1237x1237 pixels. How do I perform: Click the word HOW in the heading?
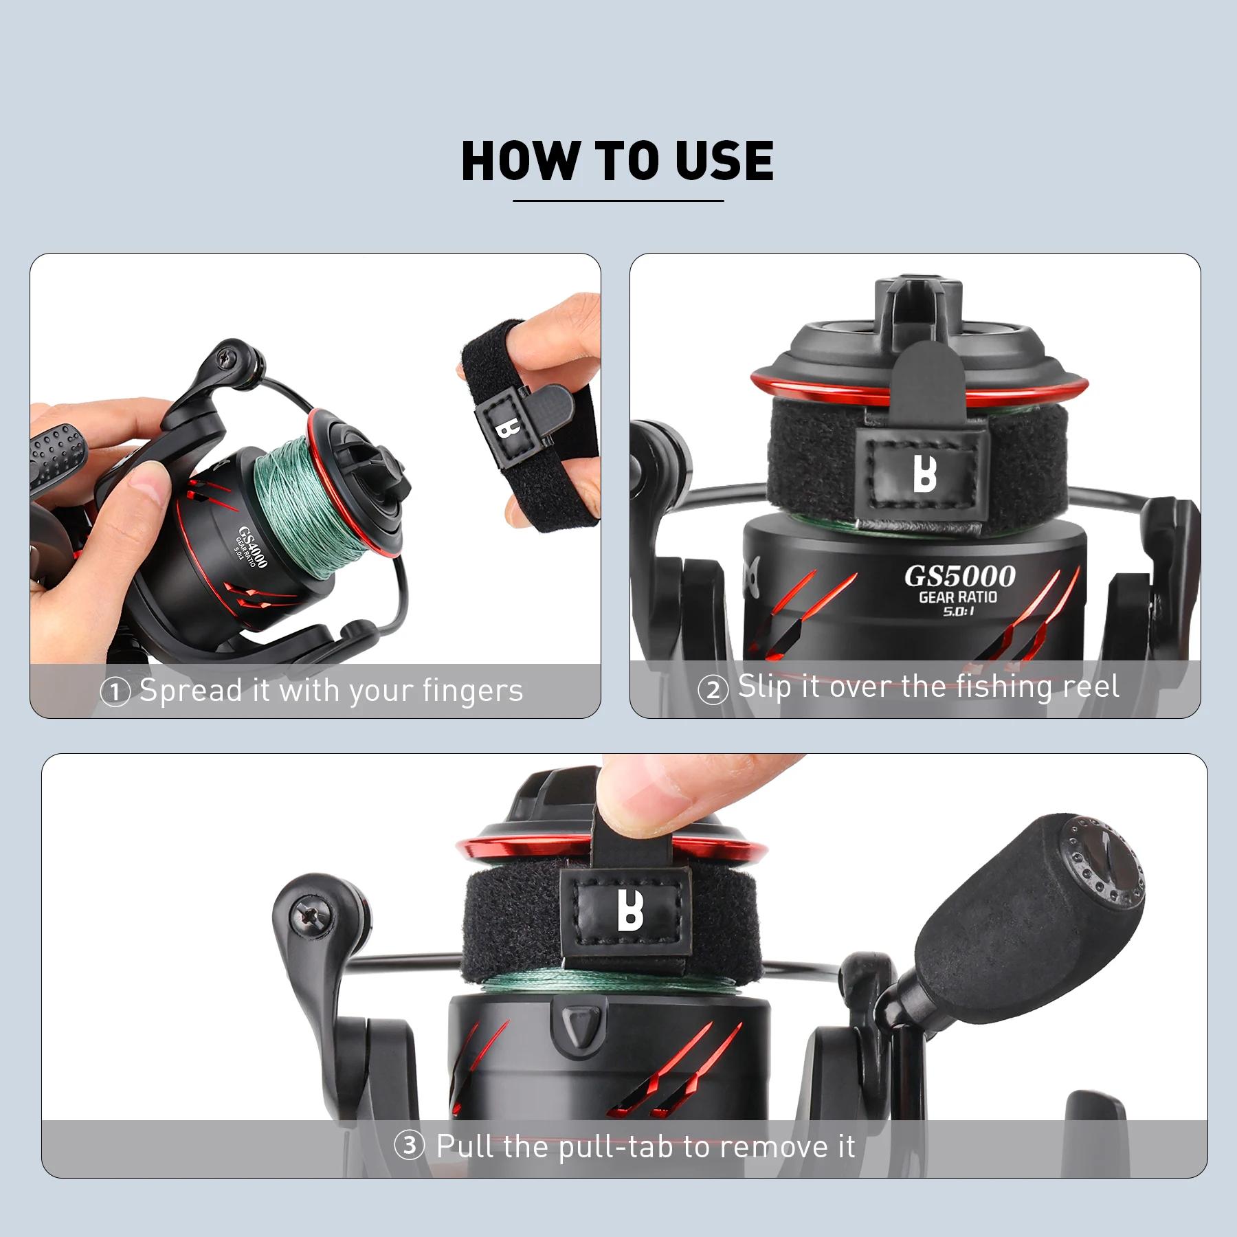520,160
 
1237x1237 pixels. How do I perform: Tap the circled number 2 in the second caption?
713,690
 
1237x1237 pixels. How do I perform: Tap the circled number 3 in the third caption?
409,1146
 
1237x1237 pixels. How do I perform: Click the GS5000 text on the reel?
959,576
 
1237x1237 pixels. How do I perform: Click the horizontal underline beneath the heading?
618,201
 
